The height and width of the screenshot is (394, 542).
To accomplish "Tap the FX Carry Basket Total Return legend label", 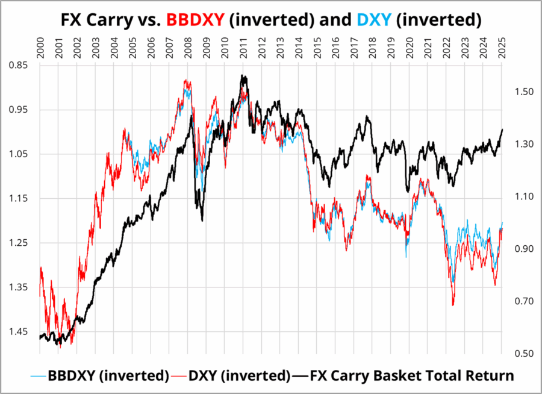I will click(412, 375).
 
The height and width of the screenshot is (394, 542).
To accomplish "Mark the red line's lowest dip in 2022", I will click(453, 305).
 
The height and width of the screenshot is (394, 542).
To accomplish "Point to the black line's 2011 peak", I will click(243, 76).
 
